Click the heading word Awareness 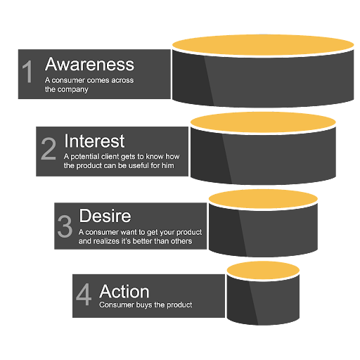89,64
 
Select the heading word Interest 94,141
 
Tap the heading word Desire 105,216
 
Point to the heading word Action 124,291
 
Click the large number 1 27,72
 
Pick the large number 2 49,148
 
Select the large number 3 65,226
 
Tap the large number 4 84,295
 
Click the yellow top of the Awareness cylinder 263,45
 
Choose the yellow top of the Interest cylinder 263,122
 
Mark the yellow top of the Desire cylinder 263,199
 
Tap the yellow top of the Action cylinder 263,270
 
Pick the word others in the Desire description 181,241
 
